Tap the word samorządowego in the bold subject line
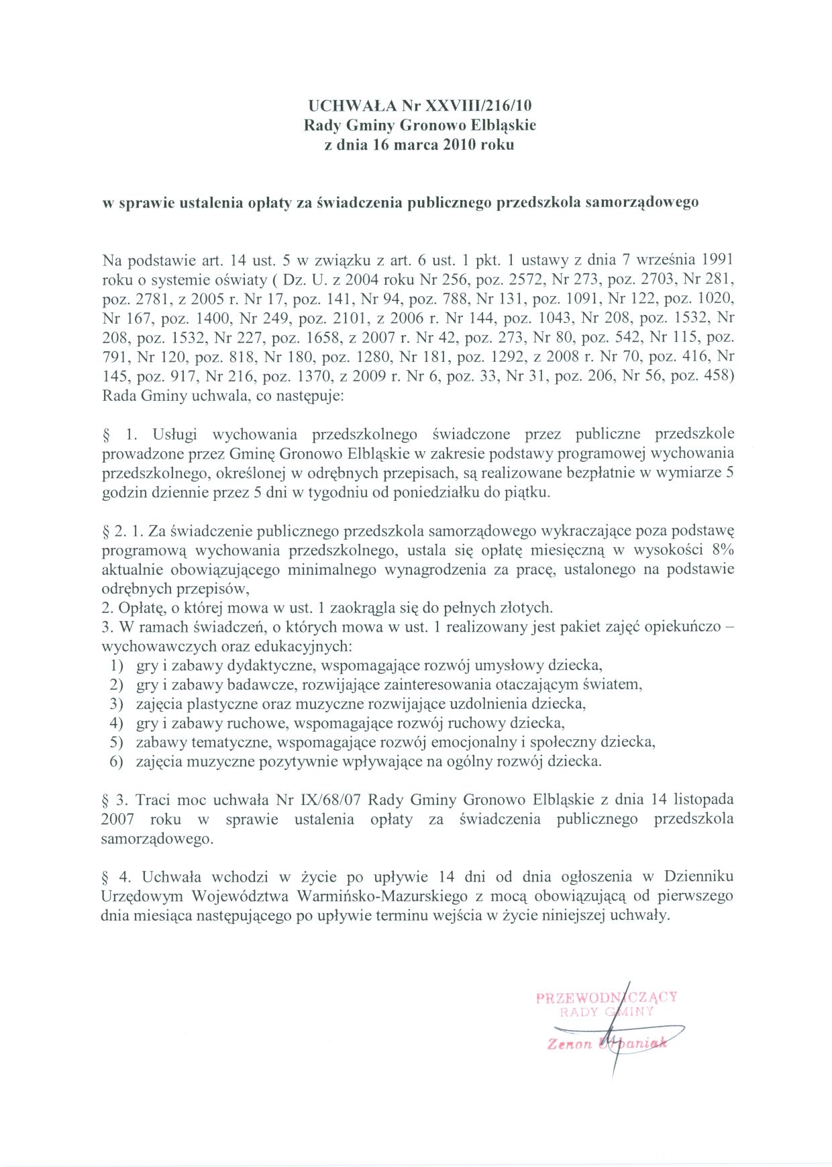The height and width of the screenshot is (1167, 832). pyautogui.click(x=642, y=202)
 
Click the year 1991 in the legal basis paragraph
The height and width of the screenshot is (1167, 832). pyautogui.click(x=717, y=259)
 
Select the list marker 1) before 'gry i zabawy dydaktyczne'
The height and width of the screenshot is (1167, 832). pyautogui.click(x=117, y=666)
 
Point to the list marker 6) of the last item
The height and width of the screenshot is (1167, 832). pyautogui.click(x=117, y=762)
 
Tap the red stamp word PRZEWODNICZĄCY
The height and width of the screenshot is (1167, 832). pyautogui.click(x=607, y=997)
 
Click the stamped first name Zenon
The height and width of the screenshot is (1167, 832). pyautogui.click(x=570, y=1044)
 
